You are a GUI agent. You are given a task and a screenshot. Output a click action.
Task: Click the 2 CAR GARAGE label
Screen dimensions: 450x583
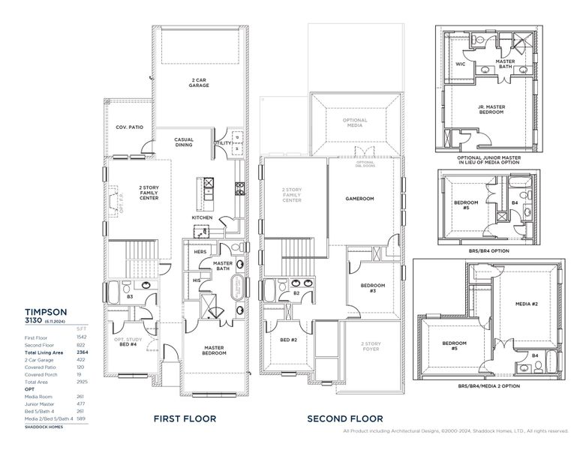tap(199, 82)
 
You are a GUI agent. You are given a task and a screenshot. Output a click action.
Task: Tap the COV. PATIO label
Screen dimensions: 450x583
tap(130, 127)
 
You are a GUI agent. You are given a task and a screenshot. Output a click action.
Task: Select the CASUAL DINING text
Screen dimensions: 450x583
tap(184, 142)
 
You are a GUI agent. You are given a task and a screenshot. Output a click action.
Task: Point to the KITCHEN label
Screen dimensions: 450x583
tap(202, 217)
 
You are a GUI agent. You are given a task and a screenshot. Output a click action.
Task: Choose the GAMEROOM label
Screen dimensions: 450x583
tap(359, 199)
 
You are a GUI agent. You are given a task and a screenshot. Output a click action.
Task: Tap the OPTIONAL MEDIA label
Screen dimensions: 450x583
tap(355, 124)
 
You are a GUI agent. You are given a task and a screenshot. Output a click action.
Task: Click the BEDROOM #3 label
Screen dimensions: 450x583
tap(373, 288)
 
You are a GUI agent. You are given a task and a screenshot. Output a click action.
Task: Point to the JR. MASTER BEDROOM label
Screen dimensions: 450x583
tap(491, 110)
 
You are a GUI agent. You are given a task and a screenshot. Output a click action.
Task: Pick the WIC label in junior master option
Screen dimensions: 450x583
tap(460, 64)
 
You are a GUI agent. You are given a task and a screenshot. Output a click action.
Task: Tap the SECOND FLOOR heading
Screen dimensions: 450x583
tap(344, 418)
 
